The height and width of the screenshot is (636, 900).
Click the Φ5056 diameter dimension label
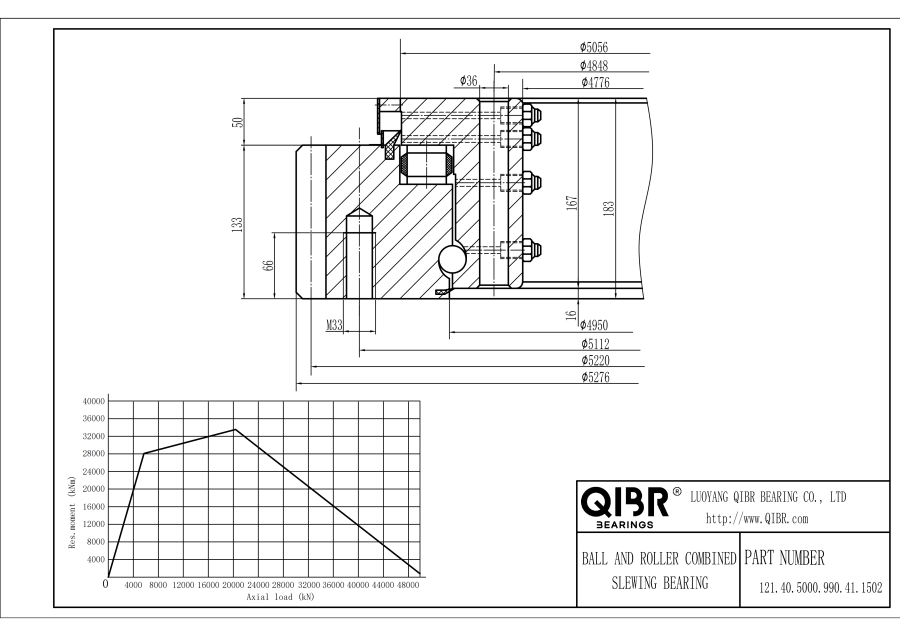click(x=593, y=47)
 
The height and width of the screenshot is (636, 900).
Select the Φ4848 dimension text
click(x=593, y=65)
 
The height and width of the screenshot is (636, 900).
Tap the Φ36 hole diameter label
click(x=468, y=81)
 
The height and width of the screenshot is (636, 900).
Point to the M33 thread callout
click(x=335, y=325)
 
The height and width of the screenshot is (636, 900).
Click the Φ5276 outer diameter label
click(x=595, y=377)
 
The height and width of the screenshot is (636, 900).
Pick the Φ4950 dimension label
click(x=593, y=325)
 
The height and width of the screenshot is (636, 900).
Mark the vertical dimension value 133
click(x=237, y=224)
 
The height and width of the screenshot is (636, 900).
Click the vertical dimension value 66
click(x=268, y=265)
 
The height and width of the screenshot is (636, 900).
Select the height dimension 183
click(x=609, y=208)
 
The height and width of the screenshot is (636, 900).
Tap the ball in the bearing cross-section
click(x=452, y=259)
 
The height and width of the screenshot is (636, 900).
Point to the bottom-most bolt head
click(x=532, y=250)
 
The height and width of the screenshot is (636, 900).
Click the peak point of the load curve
click(x=234, y=429)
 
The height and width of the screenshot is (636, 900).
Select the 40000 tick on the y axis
click(x=94, y=401)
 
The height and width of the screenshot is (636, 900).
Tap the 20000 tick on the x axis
click(x=233, y=585)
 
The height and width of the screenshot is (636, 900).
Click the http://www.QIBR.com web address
click(x=757, y=519)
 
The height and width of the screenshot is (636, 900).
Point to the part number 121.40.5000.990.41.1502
click(x=821, y=588)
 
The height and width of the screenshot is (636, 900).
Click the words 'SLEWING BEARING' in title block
click(x=660, y=583)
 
